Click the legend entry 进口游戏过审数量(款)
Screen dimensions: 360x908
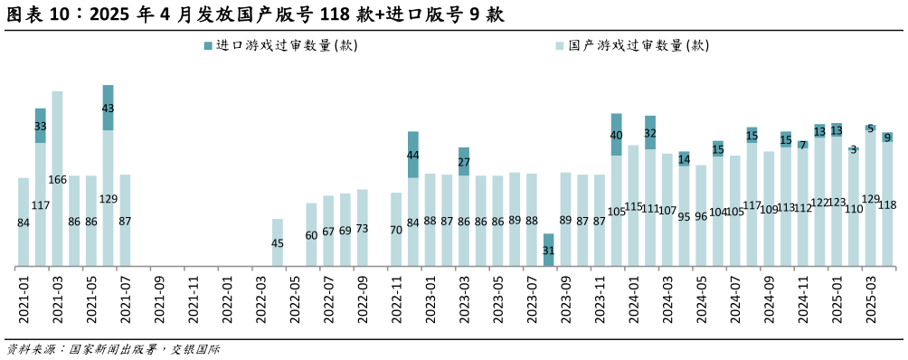click(x=280, y=45)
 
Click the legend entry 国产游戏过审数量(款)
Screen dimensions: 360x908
click(x=631, y=45)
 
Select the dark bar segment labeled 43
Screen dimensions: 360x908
click(x=108, y=108)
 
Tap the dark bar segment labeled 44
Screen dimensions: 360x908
click(x=412, y=155)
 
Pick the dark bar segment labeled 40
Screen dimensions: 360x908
click(x=616, y=135)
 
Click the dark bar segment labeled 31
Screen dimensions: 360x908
click(x=548, y=250)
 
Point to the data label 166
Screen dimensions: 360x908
click(x=57, y=180)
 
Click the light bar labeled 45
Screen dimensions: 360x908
click(x=278, y=242)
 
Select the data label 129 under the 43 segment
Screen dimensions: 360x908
click(x=108, y=199)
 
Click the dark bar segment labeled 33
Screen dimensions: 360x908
click(x=40, y=126)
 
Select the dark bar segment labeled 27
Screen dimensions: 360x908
click(x=464, y=161)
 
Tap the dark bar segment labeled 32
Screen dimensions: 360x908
click(x=650, y=132)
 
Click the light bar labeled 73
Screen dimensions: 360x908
click(x=362, y=228)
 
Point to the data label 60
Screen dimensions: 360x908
click(x=311, y=235)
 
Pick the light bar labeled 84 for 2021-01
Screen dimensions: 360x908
click(x=24, y=223)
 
